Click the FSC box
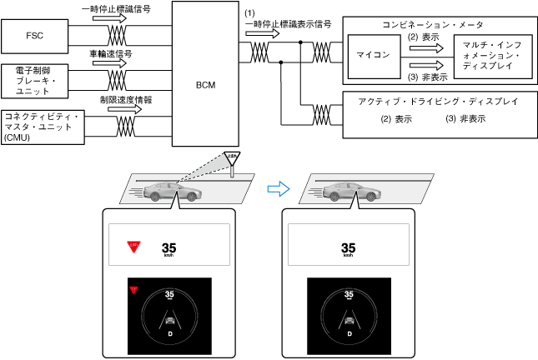point(35,37)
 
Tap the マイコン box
point(373,57)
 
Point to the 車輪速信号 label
point(110,54)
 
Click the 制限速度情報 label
point(123,99)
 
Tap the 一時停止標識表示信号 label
point(288,25)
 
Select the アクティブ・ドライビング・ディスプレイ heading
point(438,101)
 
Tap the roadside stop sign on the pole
point(233,157)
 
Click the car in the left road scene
point(173,192)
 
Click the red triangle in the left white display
point(131,247)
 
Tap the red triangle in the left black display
point(132,290)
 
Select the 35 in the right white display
point(349,247)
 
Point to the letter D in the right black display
point(349,333)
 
